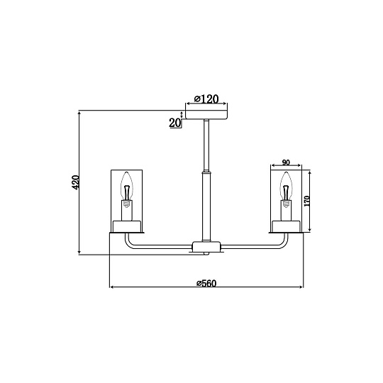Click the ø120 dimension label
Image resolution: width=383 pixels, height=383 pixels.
click(206, 99)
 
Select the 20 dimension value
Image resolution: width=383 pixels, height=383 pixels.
click(175, 123)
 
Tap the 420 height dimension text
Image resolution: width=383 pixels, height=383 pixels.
click(76, 182)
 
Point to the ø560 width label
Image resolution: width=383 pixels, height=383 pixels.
click(206, 283)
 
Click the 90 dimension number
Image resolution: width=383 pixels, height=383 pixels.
click(286, 162)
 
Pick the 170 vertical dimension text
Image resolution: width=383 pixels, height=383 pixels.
click(306, 201)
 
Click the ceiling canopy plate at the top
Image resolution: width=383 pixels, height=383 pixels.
click(206, 115)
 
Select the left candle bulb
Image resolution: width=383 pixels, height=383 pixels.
click(127, 186)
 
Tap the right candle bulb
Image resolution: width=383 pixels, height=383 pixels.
click(286, 186)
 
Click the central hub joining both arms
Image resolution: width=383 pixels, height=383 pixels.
click(206, 247)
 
